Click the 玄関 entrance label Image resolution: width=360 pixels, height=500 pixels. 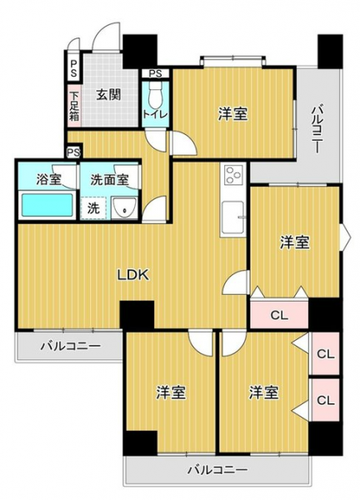click(x=108, y=95)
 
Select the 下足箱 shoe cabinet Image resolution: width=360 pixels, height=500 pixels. click(x=74, y=106)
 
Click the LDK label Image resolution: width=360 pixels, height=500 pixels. click(x=133, y=274)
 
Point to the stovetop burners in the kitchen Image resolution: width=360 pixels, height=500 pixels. click(x=233, y=175)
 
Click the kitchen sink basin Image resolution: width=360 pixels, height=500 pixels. click(x=233, y=217)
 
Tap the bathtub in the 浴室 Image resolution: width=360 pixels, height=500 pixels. click(x=47, y=205)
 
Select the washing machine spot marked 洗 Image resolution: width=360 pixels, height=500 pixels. click(x=93, y=208)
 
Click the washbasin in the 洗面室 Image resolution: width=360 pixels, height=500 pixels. click(x=124, y=207)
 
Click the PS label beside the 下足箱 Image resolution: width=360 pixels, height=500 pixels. click(x=73, y=69)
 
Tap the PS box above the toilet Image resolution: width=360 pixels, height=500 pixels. click(x=156, y=73)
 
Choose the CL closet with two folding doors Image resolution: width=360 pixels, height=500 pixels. click(x=279, y=315)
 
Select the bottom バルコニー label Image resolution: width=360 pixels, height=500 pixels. click(x=217, y=470)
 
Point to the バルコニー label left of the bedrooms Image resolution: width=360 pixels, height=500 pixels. click(x=71, y=346)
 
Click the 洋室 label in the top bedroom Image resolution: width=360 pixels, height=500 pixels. click(x=233, y=114)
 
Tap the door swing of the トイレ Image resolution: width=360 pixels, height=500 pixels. click(x=156, y=140)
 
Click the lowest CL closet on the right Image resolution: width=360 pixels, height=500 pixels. click(x=326, y=400)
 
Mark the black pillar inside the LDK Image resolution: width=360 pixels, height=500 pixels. click(x=137, y=314)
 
